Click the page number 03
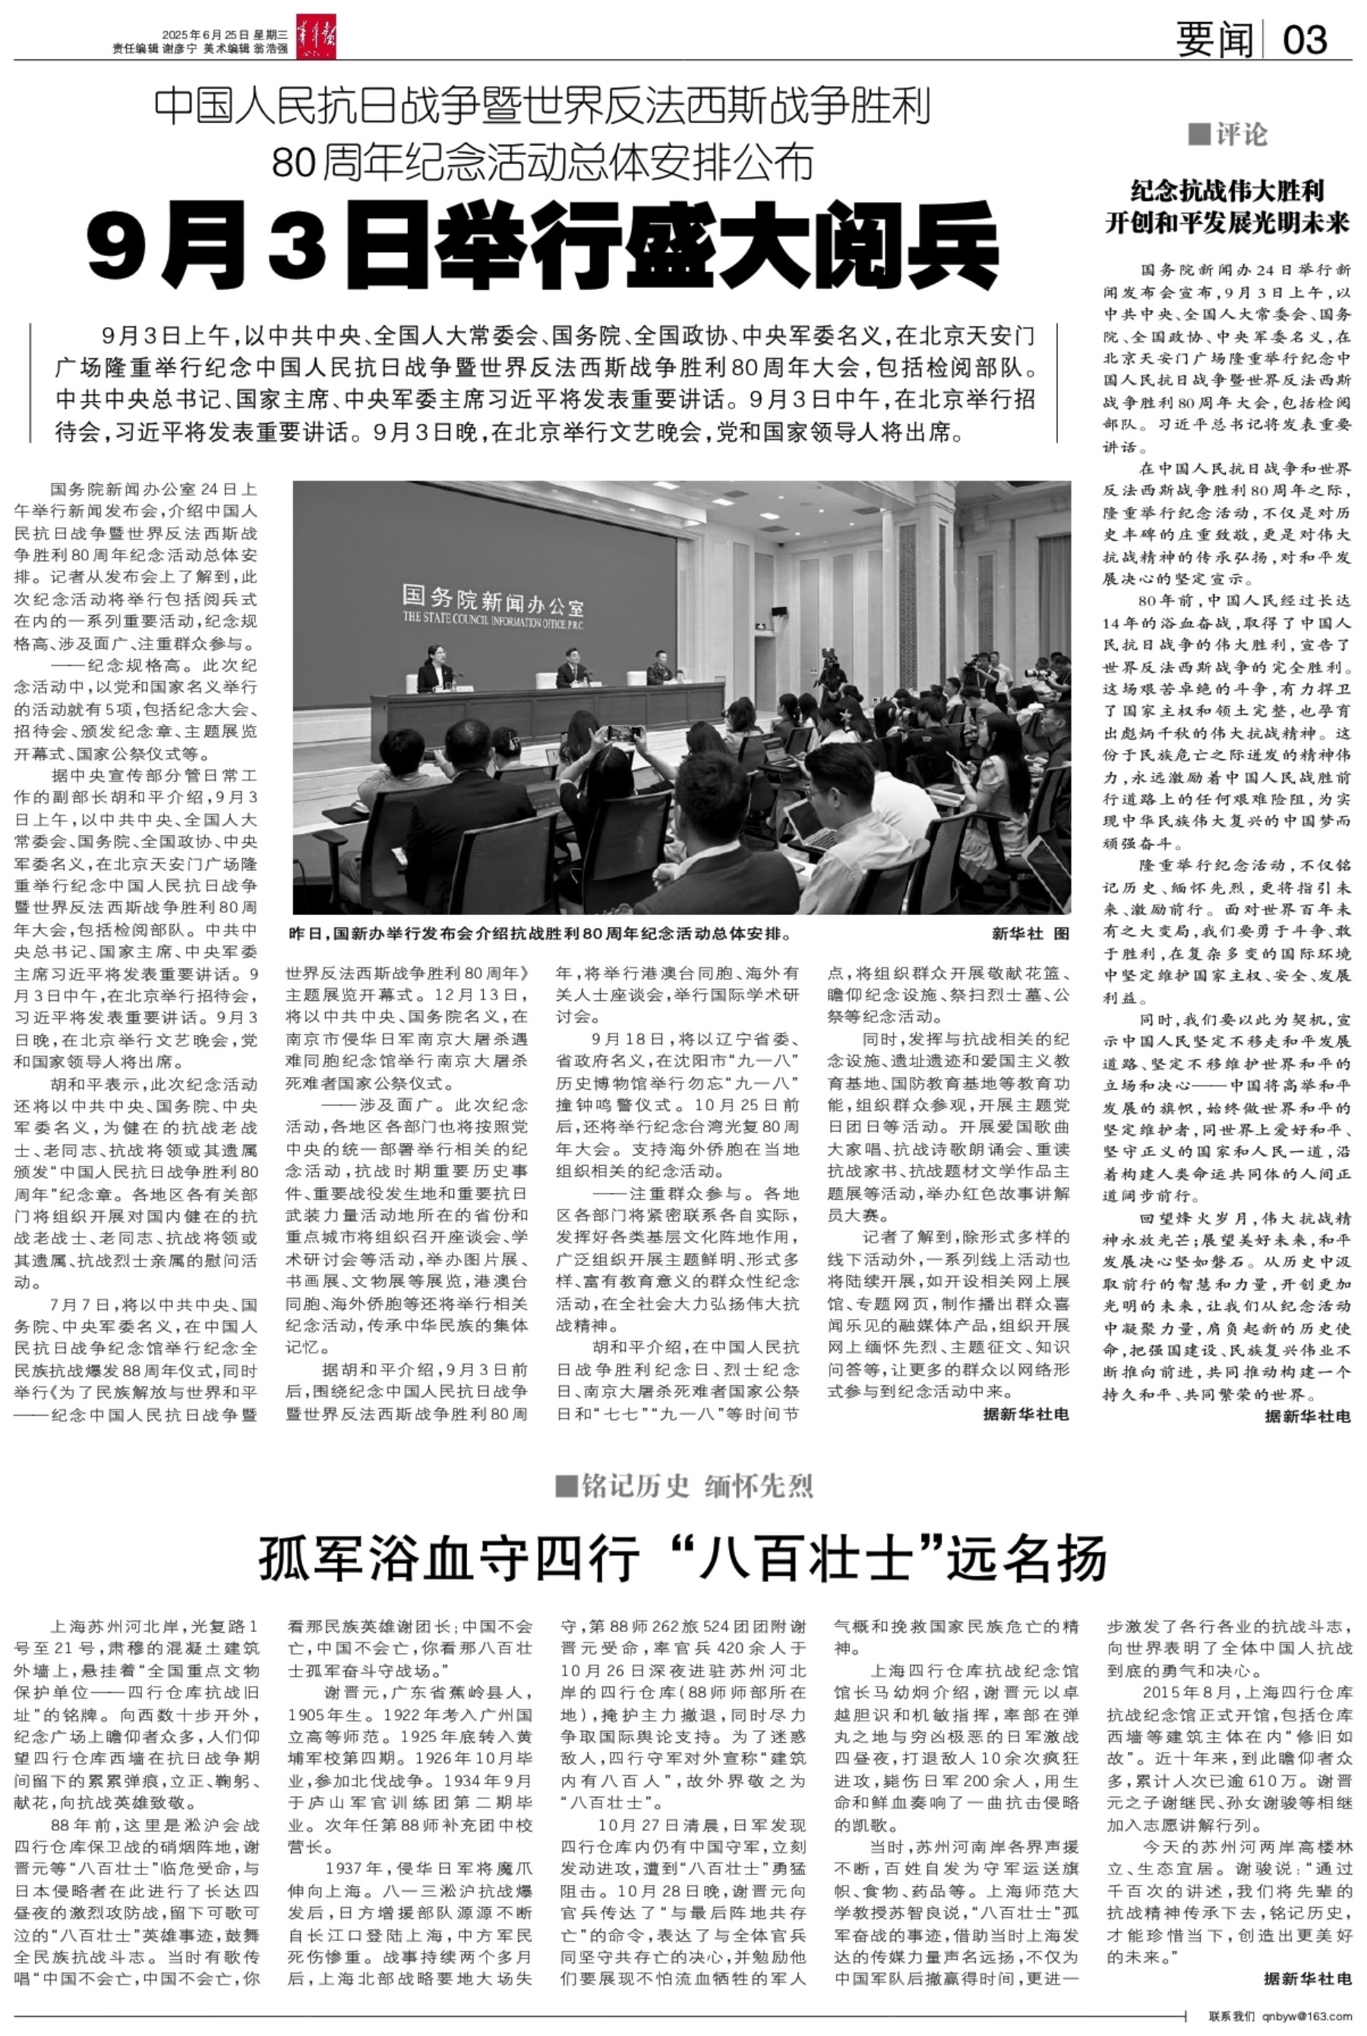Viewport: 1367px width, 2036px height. (1305, 40)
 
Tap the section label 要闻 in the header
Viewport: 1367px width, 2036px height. (1214, 40)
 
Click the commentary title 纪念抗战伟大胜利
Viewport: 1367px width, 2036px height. (1227, 191)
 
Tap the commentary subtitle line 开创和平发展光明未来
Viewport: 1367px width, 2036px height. (1227, 223)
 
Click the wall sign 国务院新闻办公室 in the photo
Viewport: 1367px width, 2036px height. (493, 601)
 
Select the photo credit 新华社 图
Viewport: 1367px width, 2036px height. (1030, 933)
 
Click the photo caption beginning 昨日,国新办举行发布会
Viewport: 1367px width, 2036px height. (541, 933)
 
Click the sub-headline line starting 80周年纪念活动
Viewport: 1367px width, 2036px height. (542, 161)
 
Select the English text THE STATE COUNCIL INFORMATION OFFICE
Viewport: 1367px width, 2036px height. (497, 620)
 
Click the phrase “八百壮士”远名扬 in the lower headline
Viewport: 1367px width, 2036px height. (894, 1559)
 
